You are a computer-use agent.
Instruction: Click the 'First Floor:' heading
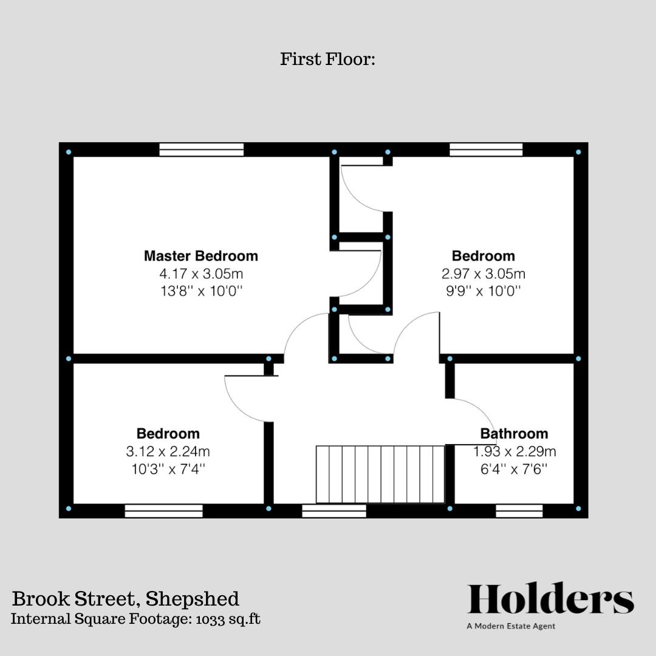[328, 60]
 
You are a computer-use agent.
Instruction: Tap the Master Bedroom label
[201, 256]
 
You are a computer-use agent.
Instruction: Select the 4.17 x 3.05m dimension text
[201, 273]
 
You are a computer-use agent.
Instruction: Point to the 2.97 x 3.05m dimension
[483, 273]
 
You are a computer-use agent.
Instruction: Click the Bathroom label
[514, 434]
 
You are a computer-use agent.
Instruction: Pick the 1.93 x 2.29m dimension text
[514, 451]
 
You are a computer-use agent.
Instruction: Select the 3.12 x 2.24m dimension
[168, 451]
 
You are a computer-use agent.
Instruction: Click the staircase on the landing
[380, 474]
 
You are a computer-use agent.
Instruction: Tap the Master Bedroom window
[202, 149]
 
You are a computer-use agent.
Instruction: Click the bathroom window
[519, 511]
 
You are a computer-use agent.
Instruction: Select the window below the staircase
[334, 511]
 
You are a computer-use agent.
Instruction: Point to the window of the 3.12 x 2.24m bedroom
[164, 511]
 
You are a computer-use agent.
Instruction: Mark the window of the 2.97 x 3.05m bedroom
[486, 149]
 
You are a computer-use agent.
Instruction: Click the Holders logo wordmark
[550, 600]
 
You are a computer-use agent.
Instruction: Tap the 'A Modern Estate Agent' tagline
[511, 626]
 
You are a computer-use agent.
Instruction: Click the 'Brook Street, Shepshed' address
[126, 599]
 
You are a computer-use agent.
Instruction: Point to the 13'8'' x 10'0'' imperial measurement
[201, 291]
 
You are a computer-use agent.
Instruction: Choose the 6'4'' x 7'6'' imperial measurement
[514, 469]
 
